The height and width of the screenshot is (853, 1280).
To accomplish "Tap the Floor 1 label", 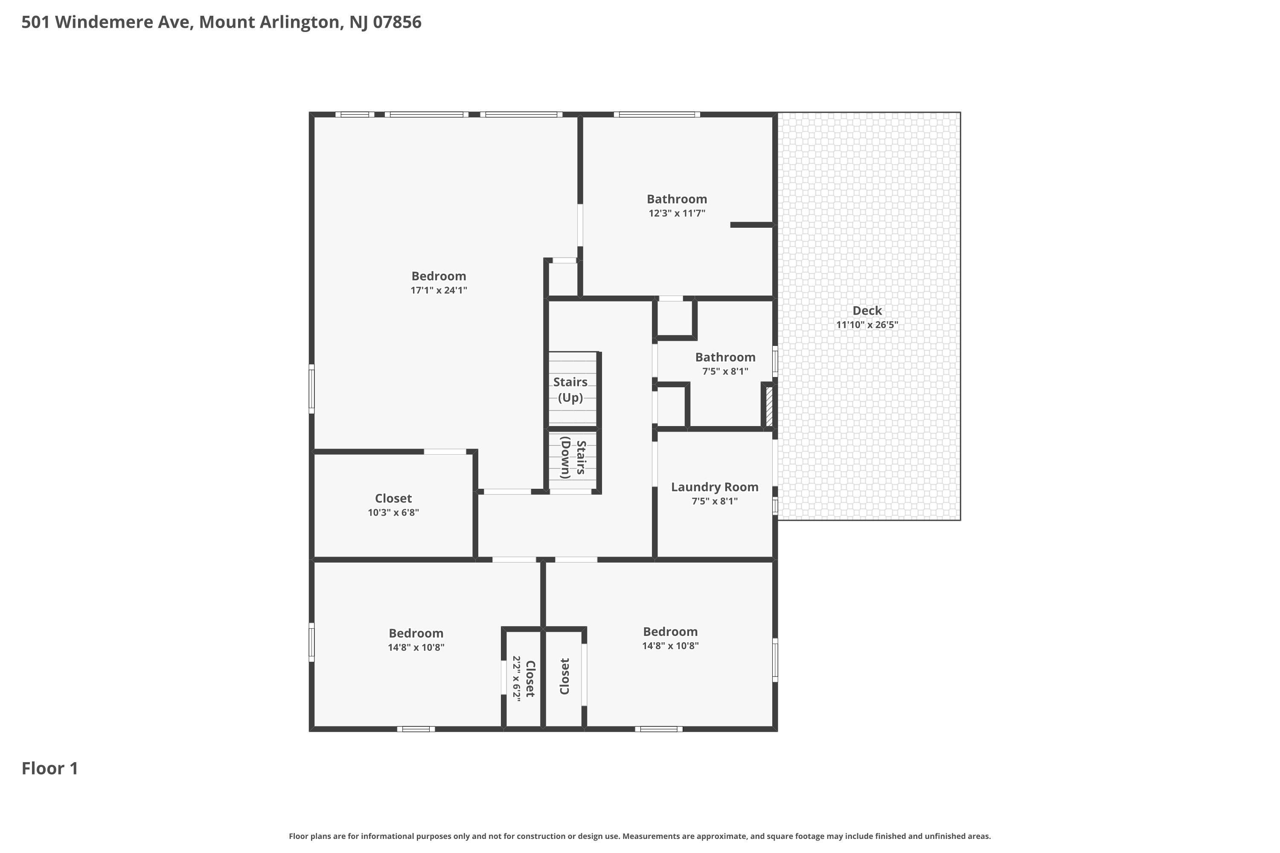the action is (50, 768).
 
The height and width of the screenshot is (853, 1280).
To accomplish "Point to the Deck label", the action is (867, 310).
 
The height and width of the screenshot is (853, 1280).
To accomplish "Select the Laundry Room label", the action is (715, 487).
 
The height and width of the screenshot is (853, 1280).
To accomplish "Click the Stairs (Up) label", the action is (570, 389).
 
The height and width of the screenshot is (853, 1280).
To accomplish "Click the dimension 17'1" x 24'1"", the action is (439, 290).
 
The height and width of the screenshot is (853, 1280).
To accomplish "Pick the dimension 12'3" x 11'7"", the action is (677, 213).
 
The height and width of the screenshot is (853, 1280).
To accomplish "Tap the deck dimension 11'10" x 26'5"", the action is (867, 325).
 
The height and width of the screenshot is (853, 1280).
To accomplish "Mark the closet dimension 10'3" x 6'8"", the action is (393, 513).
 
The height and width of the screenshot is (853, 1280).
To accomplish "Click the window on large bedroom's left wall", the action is (312, 389).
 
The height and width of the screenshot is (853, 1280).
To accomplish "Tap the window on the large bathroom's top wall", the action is (657, 115).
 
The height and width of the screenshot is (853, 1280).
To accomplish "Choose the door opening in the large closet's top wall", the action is (445, 452).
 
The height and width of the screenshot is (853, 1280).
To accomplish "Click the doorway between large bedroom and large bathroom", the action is (580, 225).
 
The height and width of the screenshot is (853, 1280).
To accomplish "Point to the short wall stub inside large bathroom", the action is (751, 225).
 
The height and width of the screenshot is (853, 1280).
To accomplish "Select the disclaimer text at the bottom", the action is (640, 836).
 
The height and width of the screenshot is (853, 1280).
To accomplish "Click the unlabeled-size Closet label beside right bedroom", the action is (564, 676).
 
